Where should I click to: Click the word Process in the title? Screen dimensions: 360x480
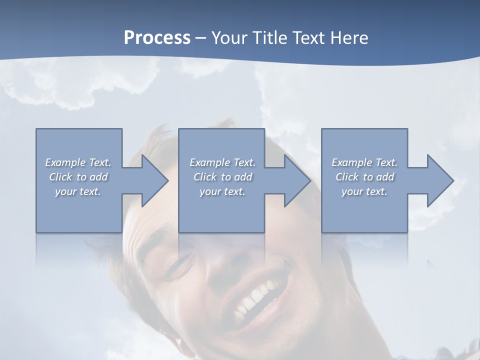tap(157, 38)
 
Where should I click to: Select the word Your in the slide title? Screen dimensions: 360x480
tap(229, 38)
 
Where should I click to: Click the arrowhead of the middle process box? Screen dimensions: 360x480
tap(296, 180)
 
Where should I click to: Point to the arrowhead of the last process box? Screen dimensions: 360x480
tap(439, 180)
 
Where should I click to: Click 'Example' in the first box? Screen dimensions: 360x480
tap(65, 162)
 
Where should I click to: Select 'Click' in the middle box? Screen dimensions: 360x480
tap(204, 177)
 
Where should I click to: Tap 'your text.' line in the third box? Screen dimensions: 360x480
tap(364, 191)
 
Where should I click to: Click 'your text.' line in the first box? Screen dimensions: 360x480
tap(78, 191)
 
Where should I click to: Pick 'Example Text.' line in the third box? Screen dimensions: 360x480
tap(364, 162)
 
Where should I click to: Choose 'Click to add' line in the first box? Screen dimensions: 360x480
tap(78, 177)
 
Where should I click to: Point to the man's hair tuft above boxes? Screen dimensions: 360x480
tap(160, 137)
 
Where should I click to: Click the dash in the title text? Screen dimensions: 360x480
tap(201, 38)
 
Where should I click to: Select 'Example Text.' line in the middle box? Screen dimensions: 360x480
tap(222, 162)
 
